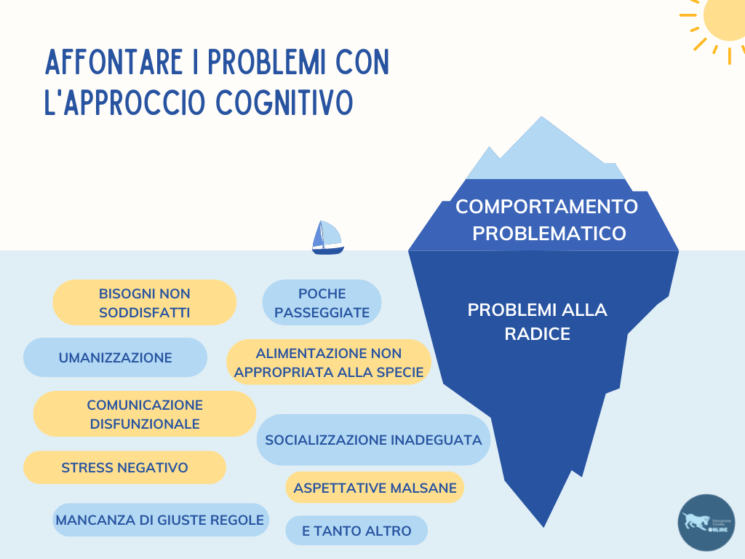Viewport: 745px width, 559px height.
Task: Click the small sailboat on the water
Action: point(327,237)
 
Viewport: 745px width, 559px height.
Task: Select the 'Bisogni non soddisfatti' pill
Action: point(145,303)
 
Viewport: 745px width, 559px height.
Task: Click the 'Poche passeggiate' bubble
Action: point(322,303)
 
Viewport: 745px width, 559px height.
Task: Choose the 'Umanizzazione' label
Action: point(115,357)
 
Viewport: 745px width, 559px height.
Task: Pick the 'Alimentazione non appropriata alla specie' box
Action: point(329,362)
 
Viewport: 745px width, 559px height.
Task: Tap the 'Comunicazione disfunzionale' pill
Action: point(145,414)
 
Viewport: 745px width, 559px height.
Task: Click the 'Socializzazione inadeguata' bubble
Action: point(373,440)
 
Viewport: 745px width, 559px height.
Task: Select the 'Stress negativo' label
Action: point(124,467)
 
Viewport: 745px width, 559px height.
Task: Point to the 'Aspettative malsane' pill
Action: point(375,488)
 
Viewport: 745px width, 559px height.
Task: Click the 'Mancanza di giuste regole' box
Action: point(160,520)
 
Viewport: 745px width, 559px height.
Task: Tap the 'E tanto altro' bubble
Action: point(356,531)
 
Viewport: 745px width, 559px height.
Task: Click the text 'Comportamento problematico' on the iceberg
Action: point(547,220)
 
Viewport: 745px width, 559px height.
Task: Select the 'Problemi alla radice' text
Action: point(537,322)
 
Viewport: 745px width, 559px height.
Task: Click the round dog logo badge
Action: point(706,522)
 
